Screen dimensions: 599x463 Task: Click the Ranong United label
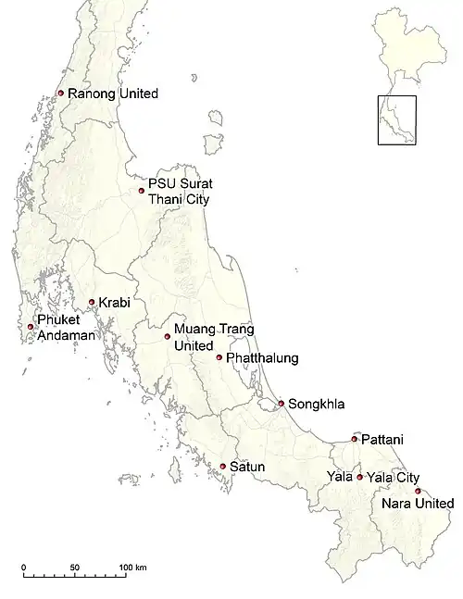coord(113,94)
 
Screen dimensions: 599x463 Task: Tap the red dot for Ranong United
coord(60,93)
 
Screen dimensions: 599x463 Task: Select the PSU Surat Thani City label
coord(180,192)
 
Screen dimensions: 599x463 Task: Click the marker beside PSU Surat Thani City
coord(142,191)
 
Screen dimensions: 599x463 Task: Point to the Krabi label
coord(115,303)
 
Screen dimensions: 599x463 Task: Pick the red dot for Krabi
coord(92,302)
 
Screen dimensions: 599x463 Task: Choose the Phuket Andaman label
coord(66,328)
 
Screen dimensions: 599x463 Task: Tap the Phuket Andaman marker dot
coord(30,327)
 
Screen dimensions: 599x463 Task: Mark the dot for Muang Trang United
coord(168,336)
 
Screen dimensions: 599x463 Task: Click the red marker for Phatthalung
coord(219,357)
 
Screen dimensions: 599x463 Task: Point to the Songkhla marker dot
coord(281,403)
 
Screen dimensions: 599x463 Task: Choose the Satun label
coord(248,467)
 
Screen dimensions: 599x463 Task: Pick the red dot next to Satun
coord(222,466)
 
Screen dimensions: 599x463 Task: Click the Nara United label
coord(418,504)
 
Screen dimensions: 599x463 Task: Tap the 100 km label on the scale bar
coord(131,567)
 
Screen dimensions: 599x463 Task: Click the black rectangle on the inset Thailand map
coord(396,120)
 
